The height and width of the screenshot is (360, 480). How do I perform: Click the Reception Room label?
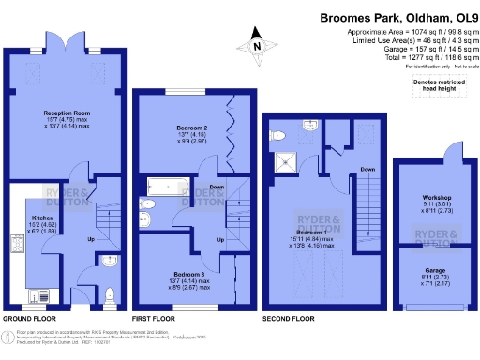tap(67, 113)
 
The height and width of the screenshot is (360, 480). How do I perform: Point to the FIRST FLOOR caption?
tap(154, 320)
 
